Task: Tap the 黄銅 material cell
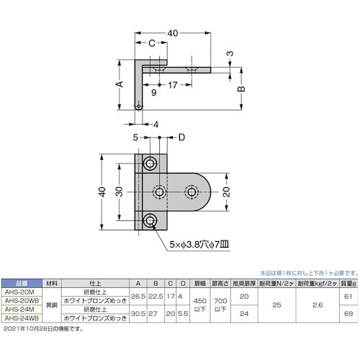point(51,305)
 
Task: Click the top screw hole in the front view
point(150,164)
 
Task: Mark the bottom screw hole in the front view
point(150,221)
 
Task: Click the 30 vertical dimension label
point(118,193)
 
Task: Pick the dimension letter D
point(181,136)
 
